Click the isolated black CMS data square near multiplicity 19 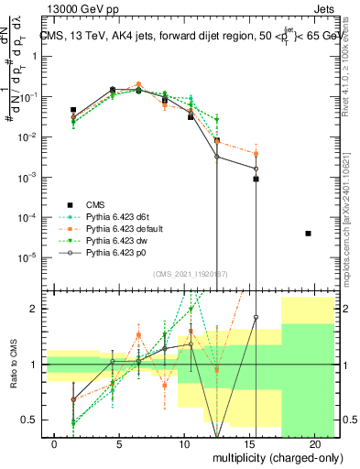(308, 234)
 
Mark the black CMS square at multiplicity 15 (256, 180)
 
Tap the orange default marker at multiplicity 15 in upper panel (256, 154)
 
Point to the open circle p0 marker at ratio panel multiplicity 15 (256, 317)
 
